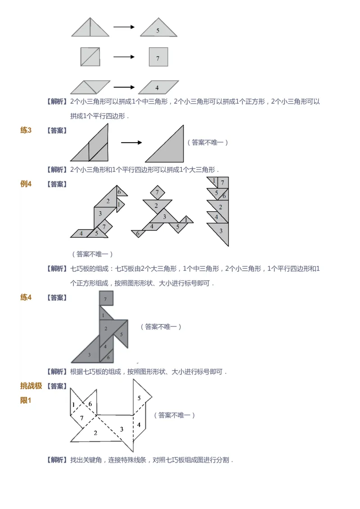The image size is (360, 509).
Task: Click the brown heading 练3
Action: (x=26, y=130)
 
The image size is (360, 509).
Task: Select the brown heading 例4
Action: (x=26, y=184)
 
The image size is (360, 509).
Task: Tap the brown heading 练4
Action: (x=26, y=297)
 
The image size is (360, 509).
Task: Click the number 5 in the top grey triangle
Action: (x=157, y=31)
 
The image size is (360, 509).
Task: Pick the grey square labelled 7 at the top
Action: (x=158, y=57)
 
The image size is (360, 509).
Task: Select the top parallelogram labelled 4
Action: (x=157, y=87)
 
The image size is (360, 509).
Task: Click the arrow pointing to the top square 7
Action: (x=124, y=57)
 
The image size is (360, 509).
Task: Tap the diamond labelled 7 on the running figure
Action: (x=157, y=193)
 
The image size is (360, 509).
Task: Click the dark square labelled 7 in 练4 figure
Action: (x=106, y=299)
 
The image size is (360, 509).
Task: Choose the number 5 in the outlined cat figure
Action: (x=139, y=398)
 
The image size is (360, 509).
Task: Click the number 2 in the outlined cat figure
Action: (x=95, y=433)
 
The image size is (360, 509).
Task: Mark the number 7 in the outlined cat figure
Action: (x=81, y=418)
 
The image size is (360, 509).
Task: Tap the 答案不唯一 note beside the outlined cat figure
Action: (x=175, y=415)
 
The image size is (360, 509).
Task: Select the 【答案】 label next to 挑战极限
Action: (x=57, y=386)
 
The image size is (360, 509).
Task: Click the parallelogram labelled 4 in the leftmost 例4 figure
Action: (x=81, y=233)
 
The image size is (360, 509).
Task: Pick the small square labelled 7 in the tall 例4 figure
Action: (x=223, y=183)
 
